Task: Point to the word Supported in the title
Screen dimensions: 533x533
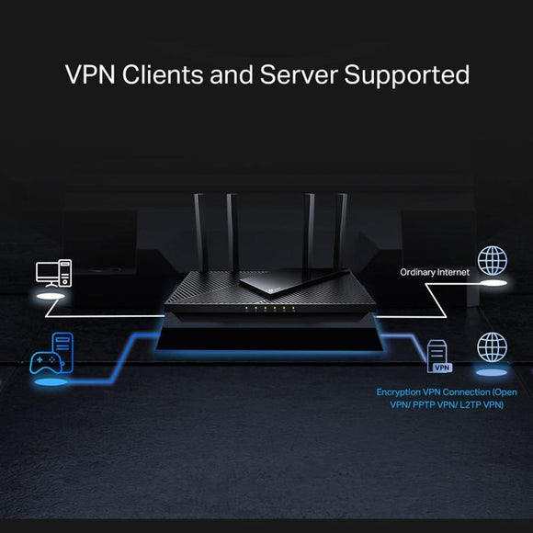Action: click(407, 74)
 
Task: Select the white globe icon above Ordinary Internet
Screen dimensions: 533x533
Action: click(492, 259)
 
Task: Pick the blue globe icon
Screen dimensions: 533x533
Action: click(492, 347)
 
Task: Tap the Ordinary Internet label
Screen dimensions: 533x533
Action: click(434, 272)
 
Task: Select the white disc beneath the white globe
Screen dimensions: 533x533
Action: click(491, 284)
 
